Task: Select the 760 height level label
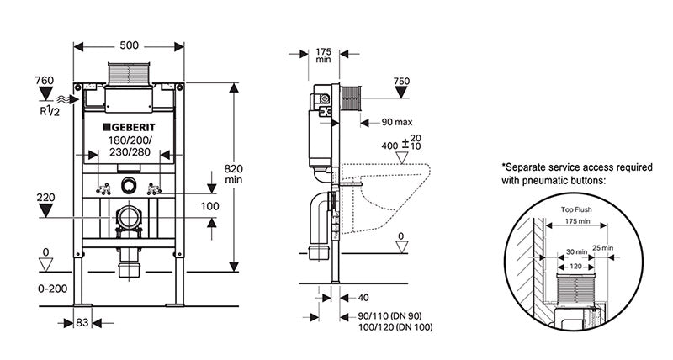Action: point(45,81)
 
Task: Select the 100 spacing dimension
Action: point(210,206)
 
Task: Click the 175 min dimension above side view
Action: point(323,55)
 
